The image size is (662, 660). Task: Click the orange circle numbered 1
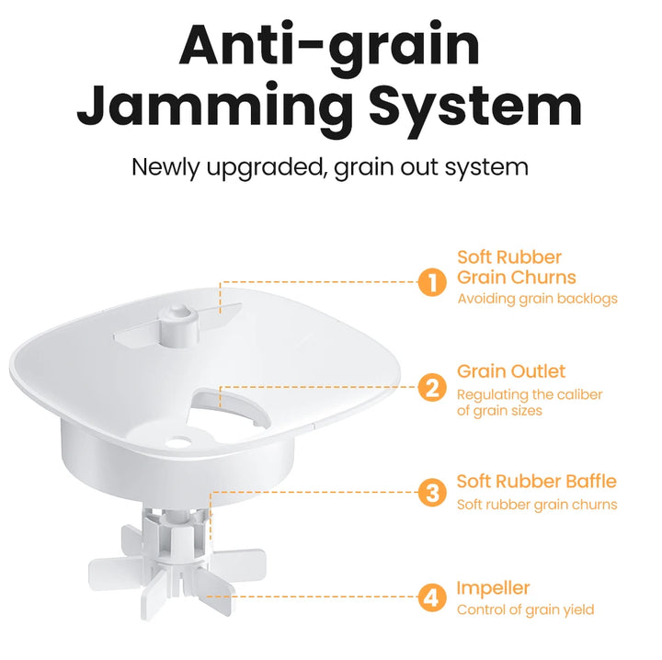click(432, 282)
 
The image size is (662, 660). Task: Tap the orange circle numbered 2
click(432, 387)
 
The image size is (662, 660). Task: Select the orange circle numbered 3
click(432, 493)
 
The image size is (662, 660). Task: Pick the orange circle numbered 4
click(432, 597)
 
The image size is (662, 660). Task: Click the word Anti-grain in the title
click(330, 46)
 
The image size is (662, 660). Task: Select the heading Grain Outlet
click(511, 371)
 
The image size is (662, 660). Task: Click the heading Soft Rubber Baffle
click(537, 481)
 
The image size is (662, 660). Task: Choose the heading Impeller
click(493, 588)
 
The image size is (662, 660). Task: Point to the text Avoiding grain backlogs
click(538, 299)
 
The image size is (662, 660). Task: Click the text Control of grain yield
click(526, 609)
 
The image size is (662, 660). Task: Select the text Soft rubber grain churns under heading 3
click(537, 505)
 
